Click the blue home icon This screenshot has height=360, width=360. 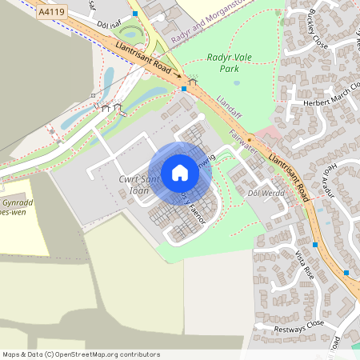180,172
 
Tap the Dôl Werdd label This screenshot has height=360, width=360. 266,194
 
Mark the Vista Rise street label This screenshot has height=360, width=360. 305,261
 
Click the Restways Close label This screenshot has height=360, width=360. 298,323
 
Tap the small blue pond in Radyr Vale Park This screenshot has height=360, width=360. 236,81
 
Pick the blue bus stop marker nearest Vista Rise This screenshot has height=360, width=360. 315,245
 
